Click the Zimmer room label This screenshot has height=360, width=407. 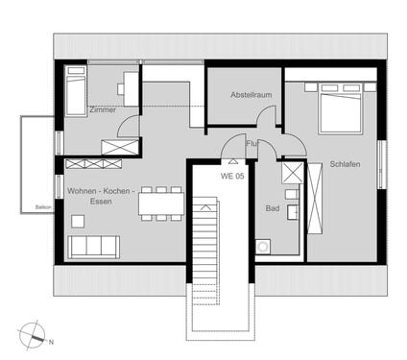point(102,110)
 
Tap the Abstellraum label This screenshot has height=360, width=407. point(251,95)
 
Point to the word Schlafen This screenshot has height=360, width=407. point(345,164)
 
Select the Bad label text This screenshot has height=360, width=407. point(272,207)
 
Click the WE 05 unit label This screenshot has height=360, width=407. point(233,176)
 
